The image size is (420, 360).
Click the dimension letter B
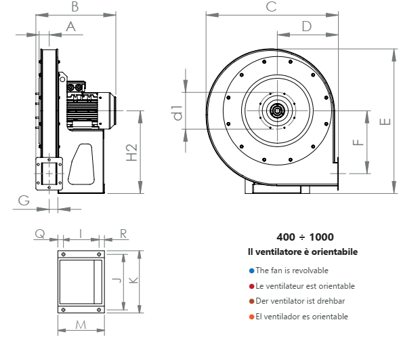point(75,7)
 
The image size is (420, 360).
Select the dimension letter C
point(271,7)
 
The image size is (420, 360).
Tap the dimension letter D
point(306,26)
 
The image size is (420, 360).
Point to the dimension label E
point(384,122)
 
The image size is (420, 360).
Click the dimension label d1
point(177,112)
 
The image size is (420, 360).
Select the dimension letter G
point(24,200)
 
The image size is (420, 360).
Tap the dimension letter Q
point(40,233)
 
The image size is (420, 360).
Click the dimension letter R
point(123,233)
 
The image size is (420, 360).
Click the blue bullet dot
point(251,270)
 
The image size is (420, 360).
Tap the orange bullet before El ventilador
point(251,317)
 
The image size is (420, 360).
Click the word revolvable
point(308,270)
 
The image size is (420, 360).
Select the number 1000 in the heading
point(321,237)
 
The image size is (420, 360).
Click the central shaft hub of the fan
point(277,111)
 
